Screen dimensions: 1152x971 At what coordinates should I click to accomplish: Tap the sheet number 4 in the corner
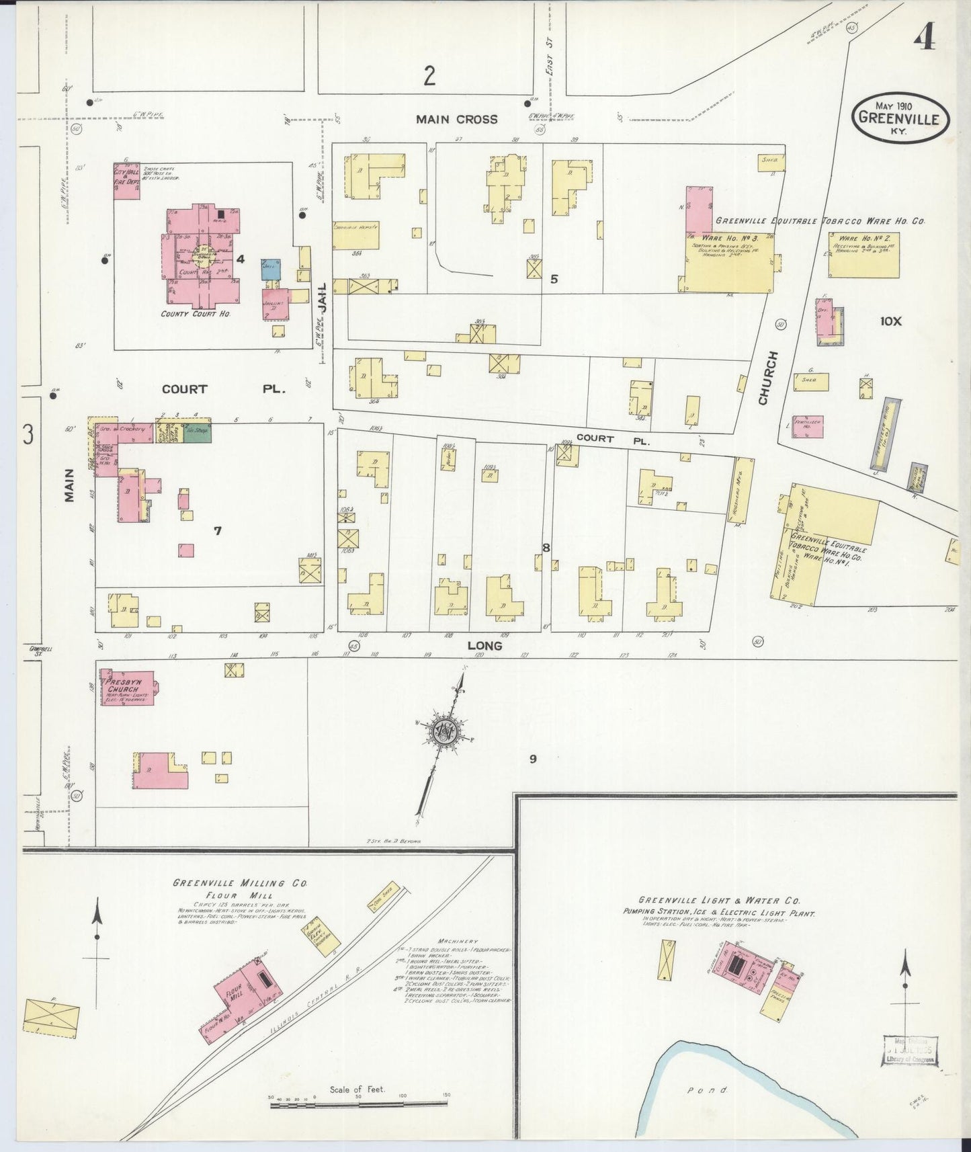point(925,40)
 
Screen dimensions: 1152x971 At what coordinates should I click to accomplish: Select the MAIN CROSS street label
point(456,120)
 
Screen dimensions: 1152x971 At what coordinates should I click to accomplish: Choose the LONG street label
point(485,646)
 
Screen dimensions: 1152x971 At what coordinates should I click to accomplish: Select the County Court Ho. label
point(195,314)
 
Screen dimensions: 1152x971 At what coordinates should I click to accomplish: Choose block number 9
point(532,759)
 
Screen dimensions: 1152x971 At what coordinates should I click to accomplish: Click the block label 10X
point(890,321)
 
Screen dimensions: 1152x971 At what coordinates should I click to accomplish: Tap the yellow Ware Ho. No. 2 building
point(863,255)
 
